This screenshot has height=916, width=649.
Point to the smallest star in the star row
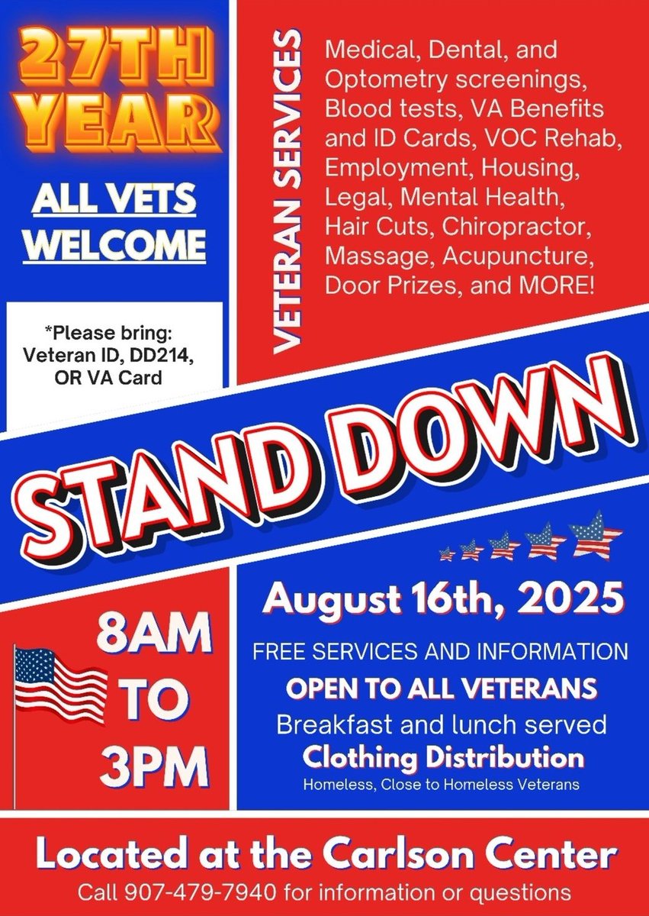pyautogui.click(x=448, y=553)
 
